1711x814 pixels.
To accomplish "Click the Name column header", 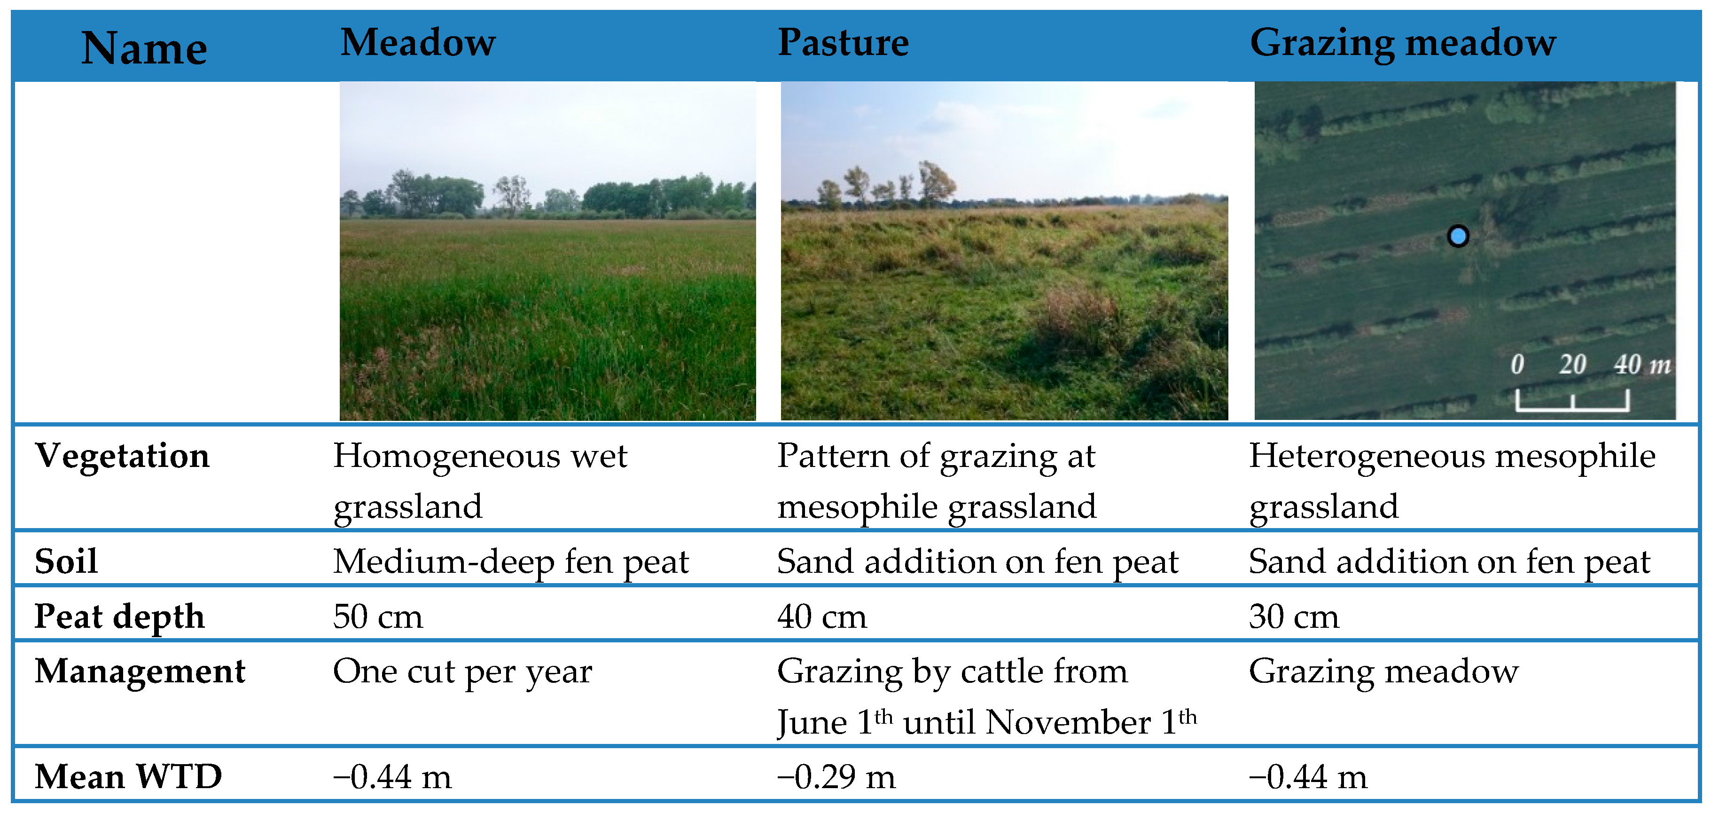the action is point(144,48).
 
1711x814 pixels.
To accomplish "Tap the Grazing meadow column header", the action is point(1403,44).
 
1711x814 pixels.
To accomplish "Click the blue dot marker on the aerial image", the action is point(1458,236).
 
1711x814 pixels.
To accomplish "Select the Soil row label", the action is point(66,561).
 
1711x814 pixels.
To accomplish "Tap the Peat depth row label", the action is point(119,616).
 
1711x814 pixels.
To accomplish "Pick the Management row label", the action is point(140,671).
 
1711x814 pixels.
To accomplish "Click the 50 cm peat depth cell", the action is point(378,616).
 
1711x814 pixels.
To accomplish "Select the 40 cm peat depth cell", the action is point(822,616).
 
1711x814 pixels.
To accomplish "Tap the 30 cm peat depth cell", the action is point(1294,616).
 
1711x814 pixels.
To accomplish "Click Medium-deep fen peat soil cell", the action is point(511,562).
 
